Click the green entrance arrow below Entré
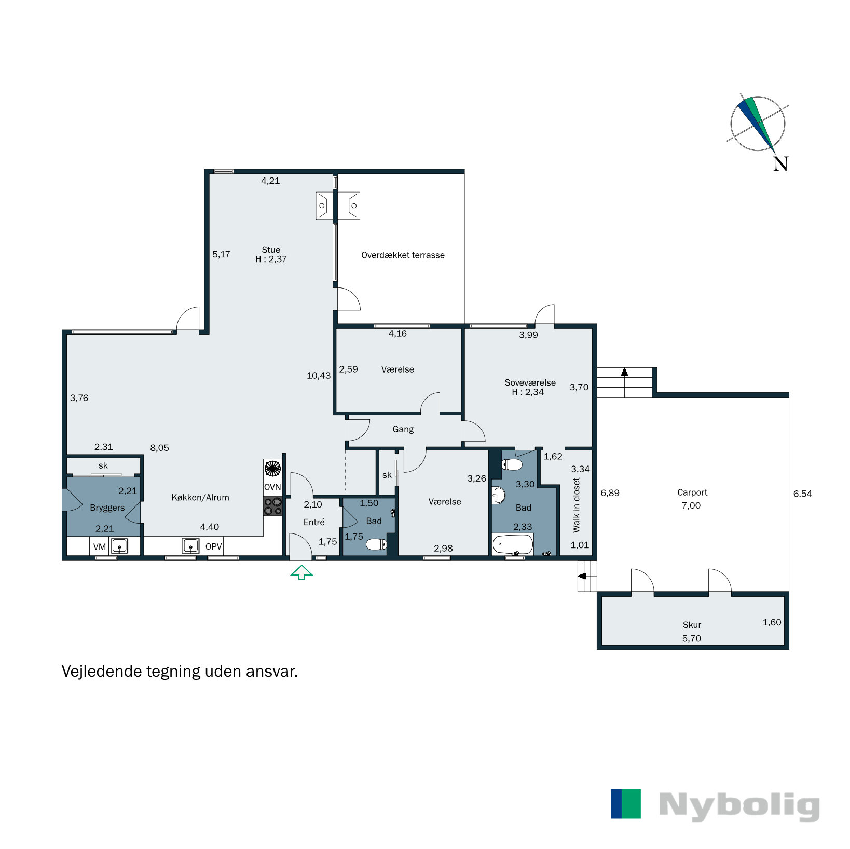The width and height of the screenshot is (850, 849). pyautogui.click(x=301, y=572)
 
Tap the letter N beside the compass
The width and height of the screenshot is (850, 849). pyautogui.click(x=780, y=164)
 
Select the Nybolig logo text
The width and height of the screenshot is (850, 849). pyautogui.click(x=739, y=805)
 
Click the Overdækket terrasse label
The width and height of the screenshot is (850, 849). pyautogui.click(x=403, y=255)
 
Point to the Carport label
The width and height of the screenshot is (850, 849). pyautogui.click(x=692, y=492)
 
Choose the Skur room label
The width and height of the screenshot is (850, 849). pyautogui.click(x=692, y=625)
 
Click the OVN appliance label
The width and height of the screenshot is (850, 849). pyautogui.click(x=272, y=487)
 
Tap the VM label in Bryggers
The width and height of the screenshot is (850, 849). pyautogui.click(x=100, y=546)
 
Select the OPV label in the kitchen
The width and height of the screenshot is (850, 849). pyautogui.click(x=213, y=546)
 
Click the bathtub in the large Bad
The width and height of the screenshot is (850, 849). pyautogui.click(x=513, y=545)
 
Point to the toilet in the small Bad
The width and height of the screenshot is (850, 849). pyautogui.click(x=376, y=544)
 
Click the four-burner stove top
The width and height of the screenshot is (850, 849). pyautogui.click(x=272, y=506)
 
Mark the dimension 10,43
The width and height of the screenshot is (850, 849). pyautogui.click(x=319, y=376)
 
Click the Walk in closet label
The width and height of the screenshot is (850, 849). pyautogui.click(x=576, y=505)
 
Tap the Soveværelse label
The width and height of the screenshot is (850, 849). pyautogui.click(x=530, y=382)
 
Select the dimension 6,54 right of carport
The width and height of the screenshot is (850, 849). pyautogui.click(x=802, y=494)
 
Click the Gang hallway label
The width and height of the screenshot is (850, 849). pyautogui.click(x=403, y=429)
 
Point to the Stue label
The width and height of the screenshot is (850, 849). pyautogui.click(x=271, y=250)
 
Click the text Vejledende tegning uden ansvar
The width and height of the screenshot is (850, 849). pyautogui.click(x=180, y=672)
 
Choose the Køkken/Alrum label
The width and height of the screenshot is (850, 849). pyautogui.click(x=200, y=497)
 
